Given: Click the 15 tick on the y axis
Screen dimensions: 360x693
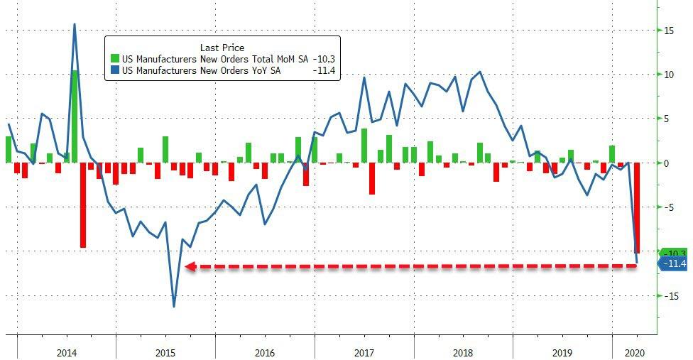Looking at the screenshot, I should click(x=668, y=31).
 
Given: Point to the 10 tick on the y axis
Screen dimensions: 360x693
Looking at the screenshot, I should click(x=668, y=75).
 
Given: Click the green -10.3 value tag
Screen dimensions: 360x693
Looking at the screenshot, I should click(x=673, y=253).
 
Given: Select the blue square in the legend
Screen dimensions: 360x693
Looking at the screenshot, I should click(x=115, y=71).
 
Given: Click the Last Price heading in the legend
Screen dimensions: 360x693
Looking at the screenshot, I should click(x=222, y=48).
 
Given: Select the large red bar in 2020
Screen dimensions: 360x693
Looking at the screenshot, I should click(x=637, y=207).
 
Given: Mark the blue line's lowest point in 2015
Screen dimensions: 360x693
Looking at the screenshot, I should click(x=174, y=307).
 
